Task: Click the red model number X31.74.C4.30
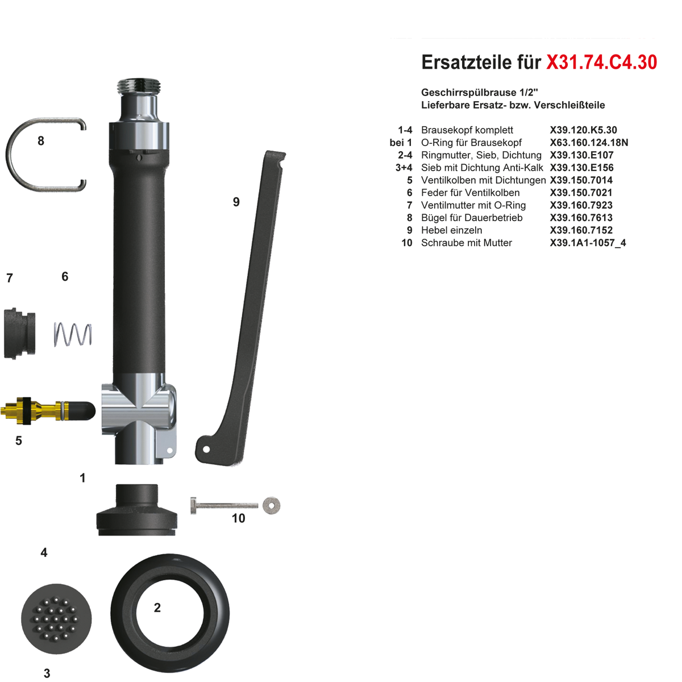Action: coord(601,63)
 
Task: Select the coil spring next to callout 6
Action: coord(73,334)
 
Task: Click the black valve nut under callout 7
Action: coord(19,334)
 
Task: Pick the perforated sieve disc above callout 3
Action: coord(56,619)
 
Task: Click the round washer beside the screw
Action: coord(272,505)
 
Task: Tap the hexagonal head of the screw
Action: coord(193,506)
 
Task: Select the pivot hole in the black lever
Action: coord(206,450)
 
